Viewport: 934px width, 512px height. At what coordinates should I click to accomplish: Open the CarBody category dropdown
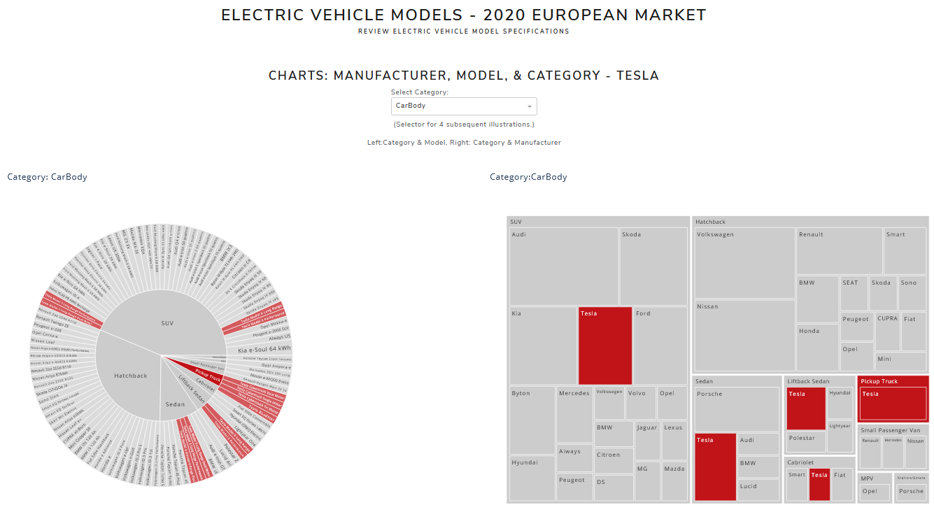[463, 106]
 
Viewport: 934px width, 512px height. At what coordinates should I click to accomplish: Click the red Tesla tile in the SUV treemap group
[605, 346]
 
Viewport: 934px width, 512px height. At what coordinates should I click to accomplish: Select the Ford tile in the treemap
[660, 346]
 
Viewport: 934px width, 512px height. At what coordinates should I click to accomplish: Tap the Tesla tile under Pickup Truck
[893, 404]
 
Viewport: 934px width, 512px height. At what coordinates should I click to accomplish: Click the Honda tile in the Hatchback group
[818, 347]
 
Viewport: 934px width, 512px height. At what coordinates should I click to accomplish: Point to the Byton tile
[532, 420]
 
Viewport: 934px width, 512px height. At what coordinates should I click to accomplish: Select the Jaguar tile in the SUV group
[647, 440]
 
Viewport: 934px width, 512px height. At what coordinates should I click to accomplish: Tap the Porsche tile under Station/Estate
[911, 492]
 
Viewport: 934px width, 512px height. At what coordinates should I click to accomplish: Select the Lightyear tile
[840, 435]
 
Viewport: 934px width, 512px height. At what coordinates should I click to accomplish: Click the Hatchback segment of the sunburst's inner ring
[131, 376]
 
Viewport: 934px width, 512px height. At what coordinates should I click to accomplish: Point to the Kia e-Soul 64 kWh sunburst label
[264, 349]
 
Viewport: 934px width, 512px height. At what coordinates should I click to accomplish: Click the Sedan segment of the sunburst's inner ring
[175, 404]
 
